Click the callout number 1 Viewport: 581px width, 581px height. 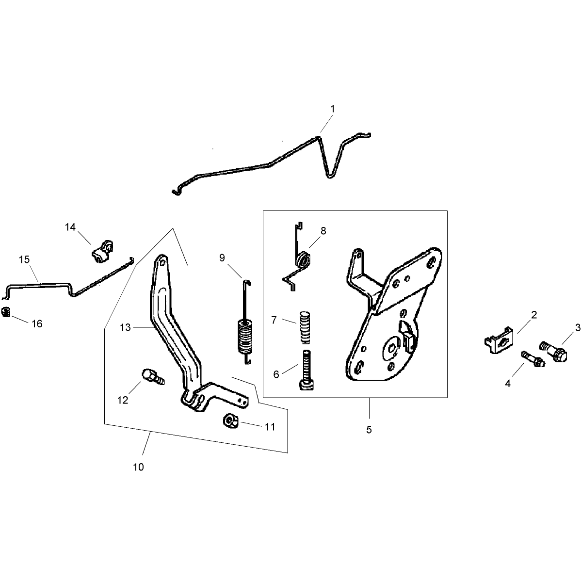click(332, 109)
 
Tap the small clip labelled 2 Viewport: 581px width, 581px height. click(499, 338)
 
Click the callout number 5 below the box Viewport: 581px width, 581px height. click(369, 430)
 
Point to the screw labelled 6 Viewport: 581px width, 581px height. click(306, 370)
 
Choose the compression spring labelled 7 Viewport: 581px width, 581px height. click(304, 327)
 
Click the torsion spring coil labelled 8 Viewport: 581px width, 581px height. click(303, 259)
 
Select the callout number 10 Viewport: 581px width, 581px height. click(138, 467)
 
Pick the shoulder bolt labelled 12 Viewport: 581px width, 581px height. click(152, 376)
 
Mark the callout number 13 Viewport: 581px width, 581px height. click(125, 327)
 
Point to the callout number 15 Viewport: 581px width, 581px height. click(24, 259)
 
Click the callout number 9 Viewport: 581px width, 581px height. click(222, 258)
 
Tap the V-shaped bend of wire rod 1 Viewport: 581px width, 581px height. click(329, 175)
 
